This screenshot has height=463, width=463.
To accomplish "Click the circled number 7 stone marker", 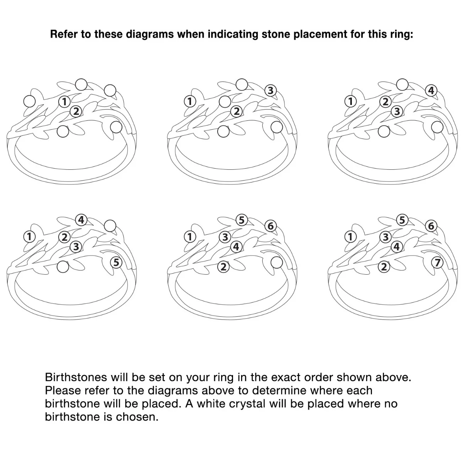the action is (x=437, y=262).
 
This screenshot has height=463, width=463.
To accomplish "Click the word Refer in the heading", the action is (x=63, y=34).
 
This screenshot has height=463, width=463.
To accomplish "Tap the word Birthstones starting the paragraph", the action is (x=76, y=377).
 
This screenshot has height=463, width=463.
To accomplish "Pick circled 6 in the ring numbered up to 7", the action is (x=431, y=226).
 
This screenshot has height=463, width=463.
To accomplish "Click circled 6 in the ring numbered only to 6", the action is (x=270, y=226).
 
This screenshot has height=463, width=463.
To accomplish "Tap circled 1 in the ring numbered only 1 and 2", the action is (x=64, y=101).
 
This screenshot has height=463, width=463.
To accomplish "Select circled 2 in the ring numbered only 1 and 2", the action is (x=76, y=111).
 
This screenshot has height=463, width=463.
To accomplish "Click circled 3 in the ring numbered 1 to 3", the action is (x=270, y=91).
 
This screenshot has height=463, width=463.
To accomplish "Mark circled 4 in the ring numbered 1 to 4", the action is (x=431, y=91).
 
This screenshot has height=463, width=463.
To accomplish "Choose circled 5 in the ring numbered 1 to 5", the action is (x=116, y=262).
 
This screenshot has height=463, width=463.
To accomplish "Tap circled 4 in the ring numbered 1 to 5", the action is (x=81, y=220).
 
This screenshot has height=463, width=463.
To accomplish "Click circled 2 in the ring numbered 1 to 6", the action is (x=223, y=267).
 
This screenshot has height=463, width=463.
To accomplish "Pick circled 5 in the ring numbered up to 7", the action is (x=402, y=220).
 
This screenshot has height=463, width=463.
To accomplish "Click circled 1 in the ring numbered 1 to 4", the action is (x=350, y=101).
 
